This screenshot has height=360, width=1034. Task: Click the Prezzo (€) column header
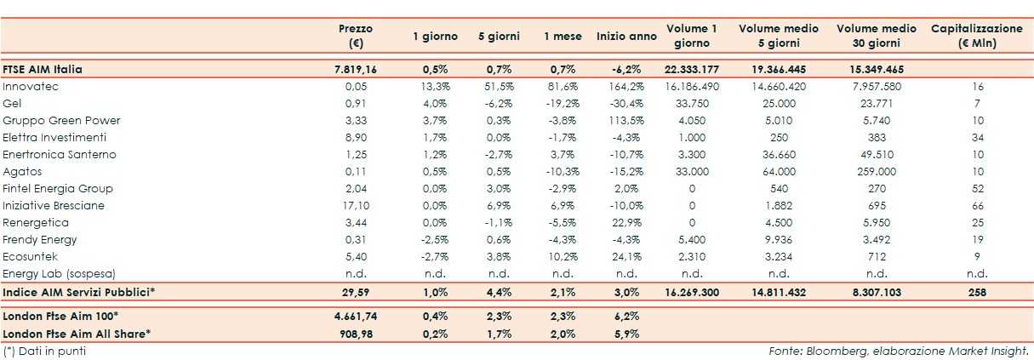(355, 36)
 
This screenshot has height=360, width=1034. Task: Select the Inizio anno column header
(626, 37)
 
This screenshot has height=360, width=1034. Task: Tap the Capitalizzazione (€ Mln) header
(976, 36)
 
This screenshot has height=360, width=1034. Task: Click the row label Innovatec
(31, 87)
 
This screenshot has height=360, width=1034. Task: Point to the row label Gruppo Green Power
(61, 121)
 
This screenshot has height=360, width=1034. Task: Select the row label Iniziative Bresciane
(53, 206)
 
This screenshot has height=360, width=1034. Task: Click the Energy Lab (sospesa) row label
(59, 274)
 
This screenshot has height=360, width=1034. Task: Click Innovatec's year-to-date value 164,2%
(626, 87)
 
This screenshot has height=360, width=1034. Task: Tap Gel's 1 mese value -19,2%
(563, 104)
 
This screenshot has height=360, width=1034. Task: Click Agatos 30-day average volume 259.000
(876, 172)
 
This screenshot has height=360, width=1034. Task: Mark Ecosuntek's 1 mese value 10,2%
(563, 257)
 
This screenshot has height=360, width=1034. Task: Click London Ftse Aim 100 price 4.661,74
(355, 316)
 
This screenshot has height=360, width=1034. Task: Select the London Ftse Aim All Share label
(77, 333)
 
